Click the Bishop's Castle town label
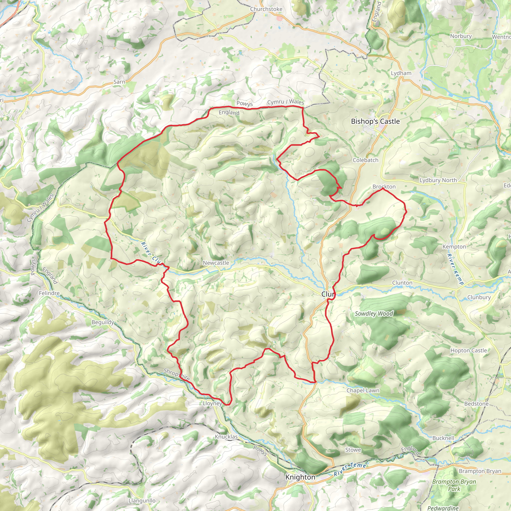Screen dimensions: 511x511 375,122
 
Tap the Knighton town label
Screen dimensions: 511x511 300,477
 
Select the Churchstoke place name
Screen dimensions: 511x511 266,9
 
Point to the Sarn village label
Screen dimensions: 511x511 119,82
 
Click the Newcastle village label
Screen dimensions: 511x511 216,263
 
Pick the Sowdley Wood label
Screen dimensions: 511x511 374,314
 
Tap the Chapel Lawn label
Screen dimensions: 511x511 363,391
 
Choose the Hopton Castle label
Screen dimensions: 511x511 468,351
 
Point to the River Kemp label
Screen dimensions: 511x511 455,269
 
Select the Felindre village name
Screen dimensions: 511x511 49,293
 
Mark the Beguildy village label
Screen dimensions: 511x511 103,322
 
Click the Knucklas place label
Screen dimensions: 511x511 226,437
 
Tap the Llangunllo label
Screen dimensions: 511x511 142,501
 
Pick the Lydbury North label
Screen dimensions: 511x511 438,180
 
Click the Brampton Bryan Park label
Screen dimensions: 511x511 454,485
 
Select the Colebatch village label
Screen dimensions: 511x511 366,160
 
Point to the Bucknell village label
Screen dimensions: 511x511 443,438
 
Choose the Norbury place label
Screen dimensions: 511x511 461,36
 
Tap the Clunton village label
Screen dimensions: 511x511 402,283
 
